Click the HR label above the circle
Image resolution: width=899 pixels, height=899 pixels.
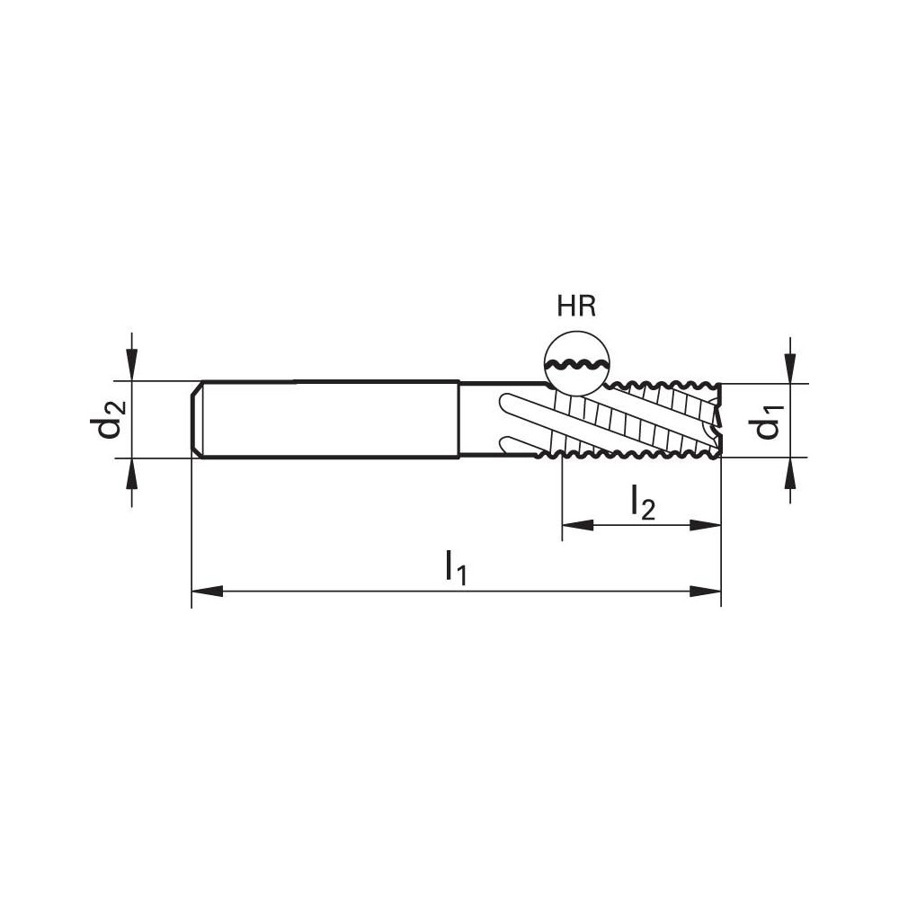pos(576,307)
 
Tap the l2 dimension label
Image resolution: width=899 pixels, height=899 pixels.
pos(642,503)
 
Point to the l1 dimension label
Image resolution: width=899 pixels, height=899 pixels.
pos(457,567)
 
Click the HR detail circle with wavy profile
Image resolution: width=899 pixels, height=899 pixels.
pos(576,364)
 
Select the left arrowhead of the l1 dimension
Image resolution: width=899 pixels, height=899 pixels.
pos(207,592)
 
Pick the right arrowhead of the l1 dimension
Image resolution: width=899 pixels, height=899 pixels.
pos(705,592)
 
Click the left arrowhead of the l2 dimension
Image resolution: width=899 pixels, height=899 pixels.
pos(578,525)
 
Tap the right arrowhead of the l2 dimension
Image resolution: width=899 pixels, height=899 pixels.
pos(705,525)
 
